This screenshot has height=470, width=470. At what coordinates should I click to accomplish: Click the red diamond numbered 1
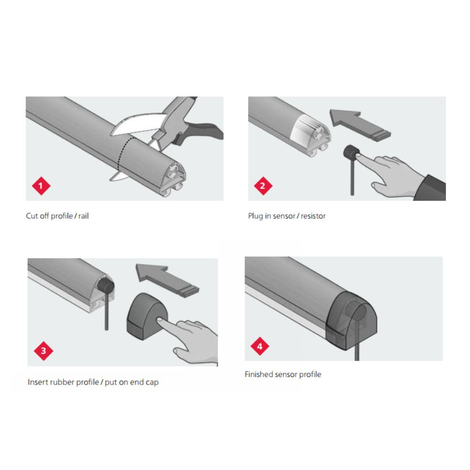click(x=41, y=186)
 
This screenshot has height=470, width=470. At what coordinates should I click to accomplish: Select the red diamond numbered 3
click(x=44, y=351)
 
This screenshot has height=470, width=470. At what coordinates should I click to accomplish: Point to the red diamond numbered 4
click(x=260, y=347)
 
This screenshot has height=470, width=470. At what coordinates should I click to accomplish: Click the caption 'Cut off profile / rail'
click(x=57, y=216)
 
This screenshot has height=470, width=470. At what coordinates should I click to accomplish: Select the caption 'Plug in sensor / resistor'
click(x=287, y=216)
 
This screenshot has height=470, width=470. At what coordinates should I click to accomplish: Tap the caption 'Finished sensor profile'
click(x=283, y=375)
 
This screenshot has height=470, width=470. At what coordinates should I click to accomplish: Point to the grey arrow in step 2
click(x=357, y=125)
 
